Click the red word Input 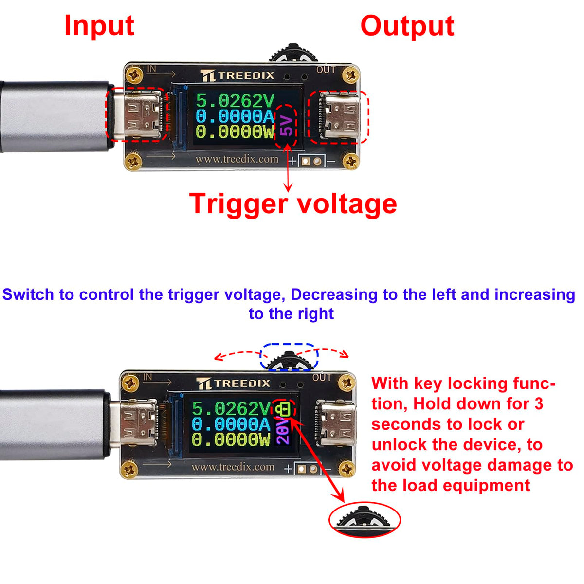pyautogui.click(x=99, y=26)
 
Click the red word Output pyautogui.click(x=407, y=26)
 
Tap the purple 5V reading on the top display pyautogui.click(x=287, y=126)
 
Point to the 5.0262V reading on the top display pyautogui.click(x=235, y=101)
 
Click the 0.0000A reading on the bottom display pyautogui.click(x=231, y=424)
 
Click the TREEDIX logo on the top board pyautogui.click(x=237, y=75)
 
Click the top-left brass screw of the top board pyautogui.click(x=134, y=75)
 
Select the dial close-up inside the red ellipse pyautogui.click(x=364, y=519)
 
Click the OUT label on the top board pyautogui.click(x=326, y=70)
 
